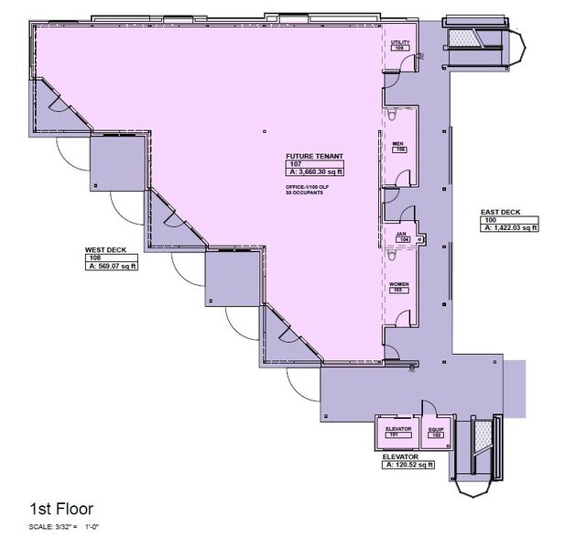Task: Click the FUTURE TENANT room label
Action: [x=313, y=156]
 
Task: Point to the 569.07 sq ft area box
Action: [x=112, y=267]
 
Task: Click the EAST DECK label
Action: [x=500, y=213]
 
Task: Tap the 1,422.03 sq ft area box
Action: [x=511, y=227]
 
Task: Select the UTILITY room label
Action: [x=400, y=42]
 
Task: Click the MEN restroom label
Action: [x=398, y=142]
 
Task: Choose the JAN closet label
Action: [x=400, y=233]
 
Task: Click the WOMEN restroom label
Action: [x=399, y=284]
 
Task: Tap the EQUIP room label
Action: [x=435, y=429]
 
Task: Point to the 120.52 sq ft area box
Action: [x=408, y=465]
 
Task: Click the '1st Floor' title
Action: [x=61, y=507]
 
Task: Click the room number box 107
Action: [x=295, y=164]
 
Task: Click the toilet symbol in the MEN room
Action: [x=392, y=115]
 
